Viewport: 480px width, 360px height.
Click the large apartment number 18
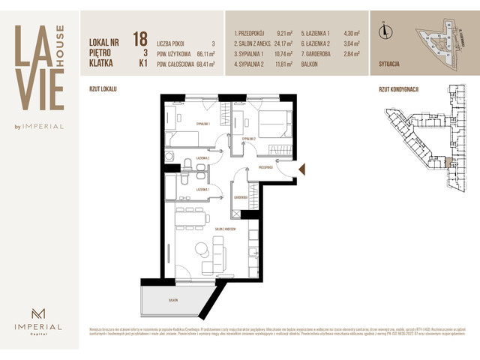pyautogui.click(x=139, y=39)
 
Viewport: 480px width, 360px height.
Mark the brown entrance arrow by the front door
pyautogui.click(x=301, y=170)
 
